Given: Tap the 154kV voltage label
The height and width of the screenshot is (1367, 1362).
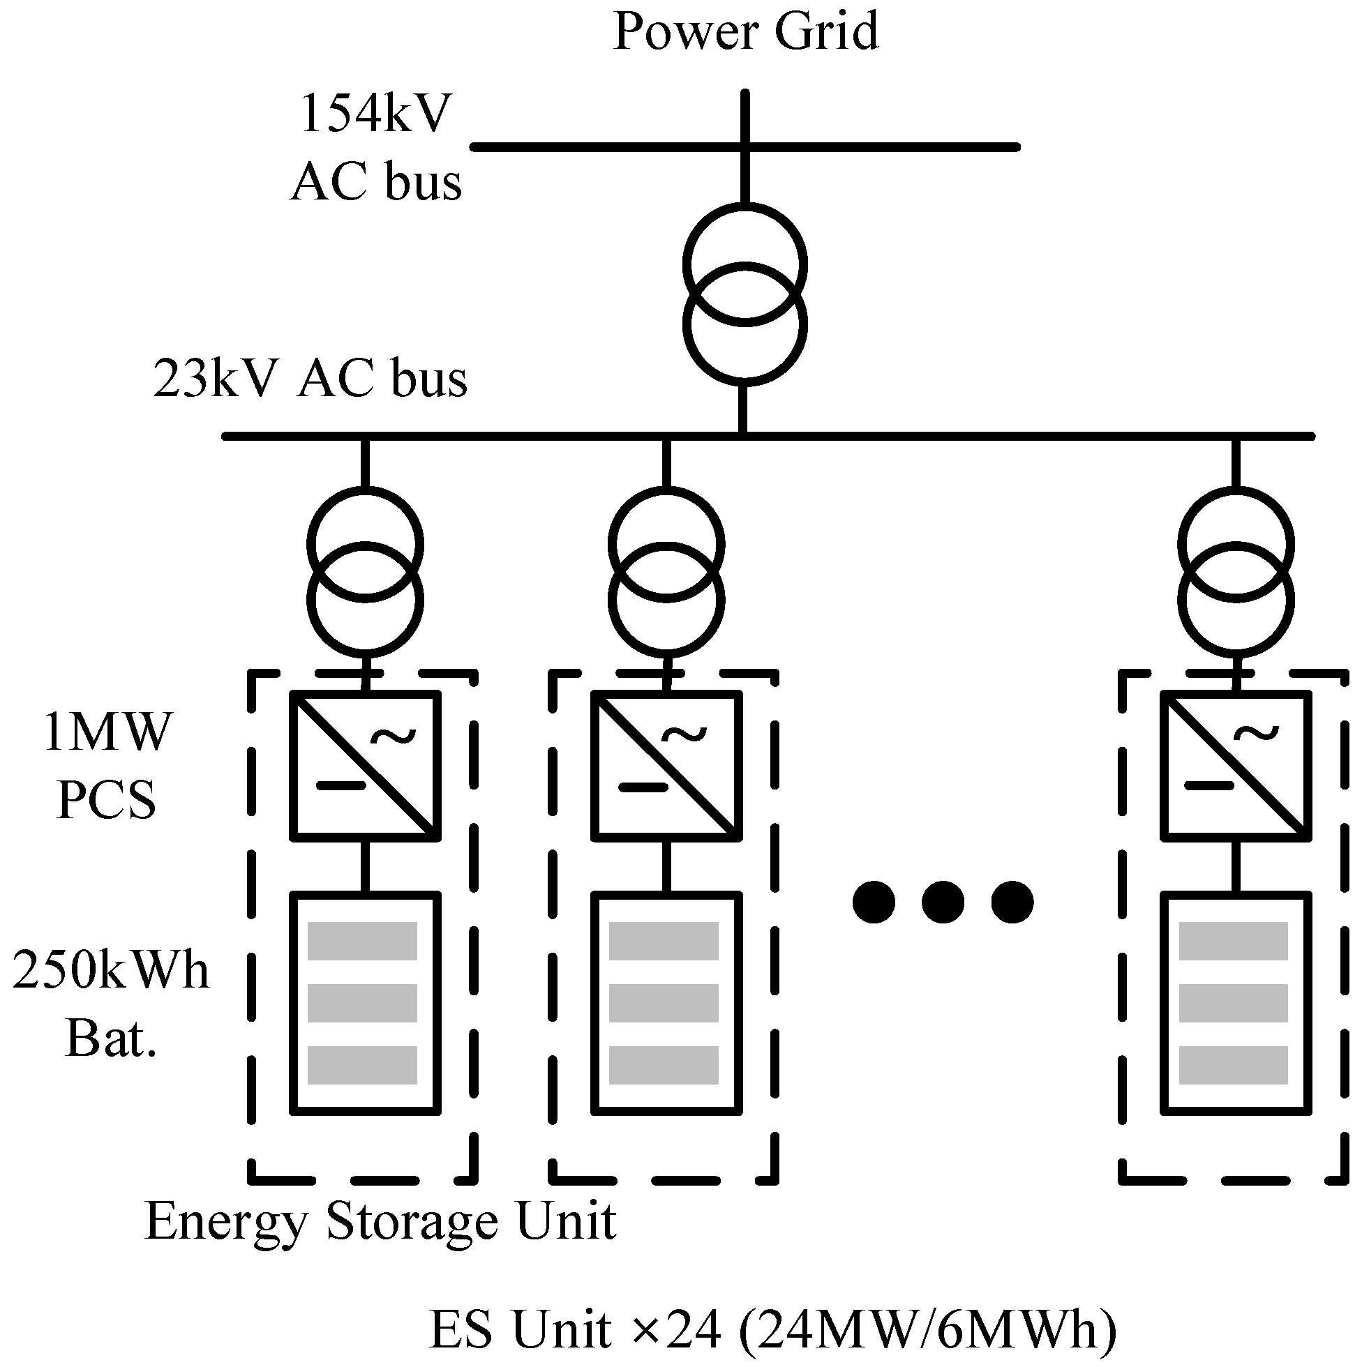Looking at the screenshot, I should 375,113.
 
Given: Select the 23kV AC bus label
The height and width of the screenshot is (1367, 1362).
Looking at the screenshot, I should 310,378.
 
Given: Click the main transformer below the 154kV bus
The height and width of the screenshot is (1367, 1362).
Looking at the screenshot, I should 744,294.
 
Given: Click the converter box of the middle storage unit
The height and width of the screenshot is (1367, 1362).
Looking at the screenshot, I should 666,766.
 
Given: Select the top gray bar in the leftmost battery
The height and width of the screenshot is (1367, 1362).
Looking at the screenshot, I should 362,940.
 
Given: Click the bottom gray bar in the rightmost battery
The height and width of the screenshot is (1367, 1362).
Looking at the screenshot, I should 1233,1065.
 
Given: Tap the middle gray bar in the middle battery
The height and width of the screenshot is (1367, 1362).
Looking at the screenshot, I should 664,1003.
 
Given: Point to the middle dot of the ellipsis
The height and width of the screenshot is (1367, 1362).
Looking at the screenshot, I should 943,902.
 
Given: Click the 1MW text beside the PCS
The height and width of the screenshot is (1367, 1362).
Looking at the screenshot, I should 106,732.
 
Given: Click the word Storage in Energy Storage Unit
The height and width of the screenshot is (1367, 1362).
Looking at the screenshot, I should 410,1221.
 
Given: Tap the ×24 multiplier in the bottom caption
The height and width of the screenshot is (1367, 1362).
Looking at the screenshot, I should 675,1329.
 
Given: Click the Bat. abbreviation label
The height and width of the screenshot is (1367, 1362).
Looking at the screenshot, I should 110,1038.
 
